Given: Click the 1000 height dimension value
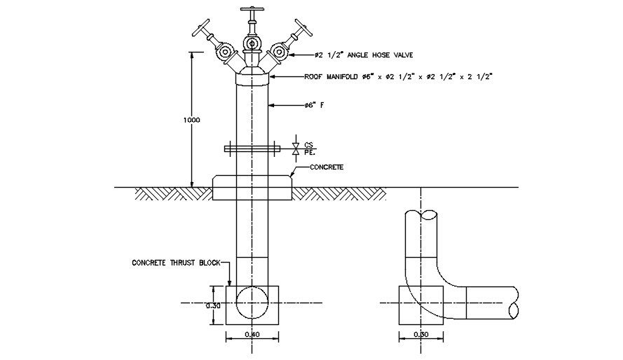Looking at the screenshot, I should coord(191,120).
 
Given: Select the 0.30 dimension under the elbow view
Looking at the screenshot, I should coord(421,334).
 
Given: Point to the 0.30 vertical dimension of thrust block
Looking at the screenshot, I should coord(213,305).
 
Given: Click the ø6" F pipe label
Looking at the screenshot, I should coord(314,105).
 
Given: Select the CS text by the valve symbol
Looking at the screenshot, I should coord(309,143).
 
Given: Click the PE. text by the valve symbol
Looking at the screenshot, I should coord(310,151).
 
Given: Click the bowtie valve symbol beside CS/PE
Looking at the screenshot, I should coord(296,148).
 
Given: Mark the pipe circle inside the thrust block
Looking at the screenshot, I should coord(252,303).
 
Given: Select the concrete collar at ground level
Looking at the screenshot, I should coord(252,188).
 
